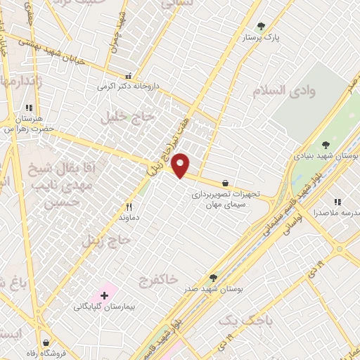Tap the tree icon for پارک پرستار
[x=262, y=26]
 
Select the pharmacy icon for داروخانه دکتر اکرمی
[x=127, y=76]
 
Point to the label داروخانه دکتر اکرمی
[x=129, y=86]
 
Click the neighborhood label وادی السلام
[x=281, y=90]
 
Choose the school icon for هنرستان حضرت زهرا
[x=29, y=108]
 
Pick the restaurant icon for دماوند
[x=128, y=207]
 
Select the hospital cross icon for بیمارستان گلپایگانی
[x=105, y=296]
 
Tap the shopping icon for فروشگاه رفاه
[x=46, y=343]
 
